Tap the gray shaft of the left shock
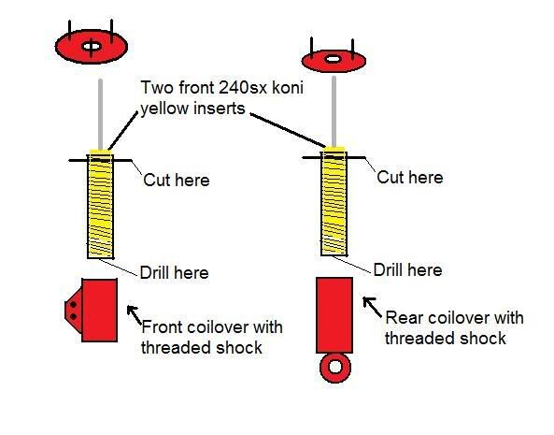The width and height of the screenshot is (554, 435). (x=100, y=114)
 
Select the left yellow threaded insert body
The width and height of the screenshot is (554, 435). (x=100, y=204)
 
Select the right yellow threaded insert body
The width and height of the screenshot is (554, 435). (x=334, y=201)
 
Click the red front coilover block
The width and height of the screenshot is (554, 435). (x=99, y=311)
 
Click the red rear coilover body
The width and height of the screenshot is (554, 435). (x=334, y=315)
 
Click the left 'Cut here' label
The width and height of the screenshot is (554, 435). (x=177, y=181)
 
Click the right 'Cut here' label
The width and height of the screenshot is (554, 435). (x=410, y=177)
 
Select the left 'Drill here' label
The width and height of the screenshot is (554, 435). (x=174, y=273)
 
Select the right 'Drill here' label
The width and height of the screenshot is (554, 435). (x=407, y=270)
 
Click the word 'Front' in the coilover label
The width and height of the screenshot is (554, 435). (x=162, y=327)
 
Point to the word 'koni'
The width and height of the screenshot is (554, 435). (x=288, y=87)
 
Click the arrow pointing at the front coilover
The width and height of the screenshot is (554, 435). (x=135, y=314)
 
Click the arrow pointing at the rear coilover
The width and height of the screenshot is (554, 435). (x=372, y=307)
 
